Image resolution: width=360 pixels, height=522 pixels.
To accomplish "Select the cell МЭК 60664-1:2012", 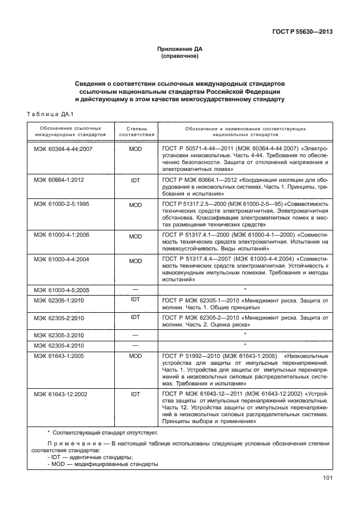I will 63,180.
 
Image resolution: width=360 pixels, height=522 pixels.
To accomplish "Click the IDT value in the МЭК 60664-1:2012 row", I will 135,180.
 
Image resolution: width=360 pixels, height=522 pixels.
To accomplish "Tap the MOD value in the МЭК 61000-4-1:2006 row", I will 135,236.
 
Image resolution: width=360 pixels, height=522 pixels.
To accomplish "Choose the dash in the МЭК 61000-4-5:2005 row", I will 135,290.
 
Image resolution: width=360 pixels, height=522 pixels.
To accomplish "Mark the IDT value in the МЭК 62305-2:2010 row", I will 135,317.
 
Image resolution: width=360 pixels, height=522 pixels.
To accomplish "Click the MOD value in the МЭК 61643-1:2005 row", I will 135,356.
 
